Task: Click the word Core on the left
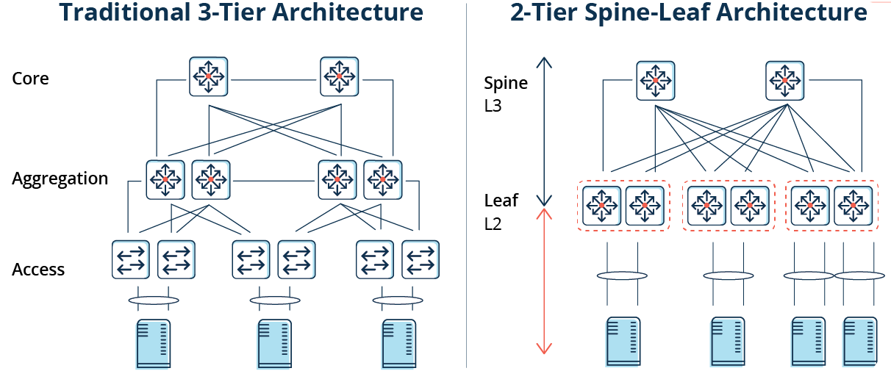(30, 79)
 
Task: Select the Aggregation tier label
(60, 179)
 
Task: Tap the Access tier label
(38, 270)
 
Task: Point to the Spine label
(506, 83)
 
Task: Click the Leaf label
(501, 200)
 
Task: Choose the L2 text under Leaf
(493, 224)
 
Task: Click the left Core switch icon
(209, 76)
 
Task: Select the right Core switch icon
(339, 76)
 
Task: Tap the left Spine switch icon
(655, 80)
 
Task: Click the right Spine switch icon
(785, 80)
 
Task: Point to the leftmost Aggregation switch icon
(165, 179)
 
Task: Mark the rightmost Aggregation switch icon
(383, 179)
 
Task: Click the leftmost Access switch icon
(131, 259)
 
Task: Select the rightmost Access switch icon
(421, 259)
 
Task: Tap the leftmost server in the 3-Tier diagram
(153, 343)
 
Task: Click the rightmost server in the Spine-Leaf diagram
(860, 341)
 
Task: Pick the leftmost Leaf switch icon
(602, 206)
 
